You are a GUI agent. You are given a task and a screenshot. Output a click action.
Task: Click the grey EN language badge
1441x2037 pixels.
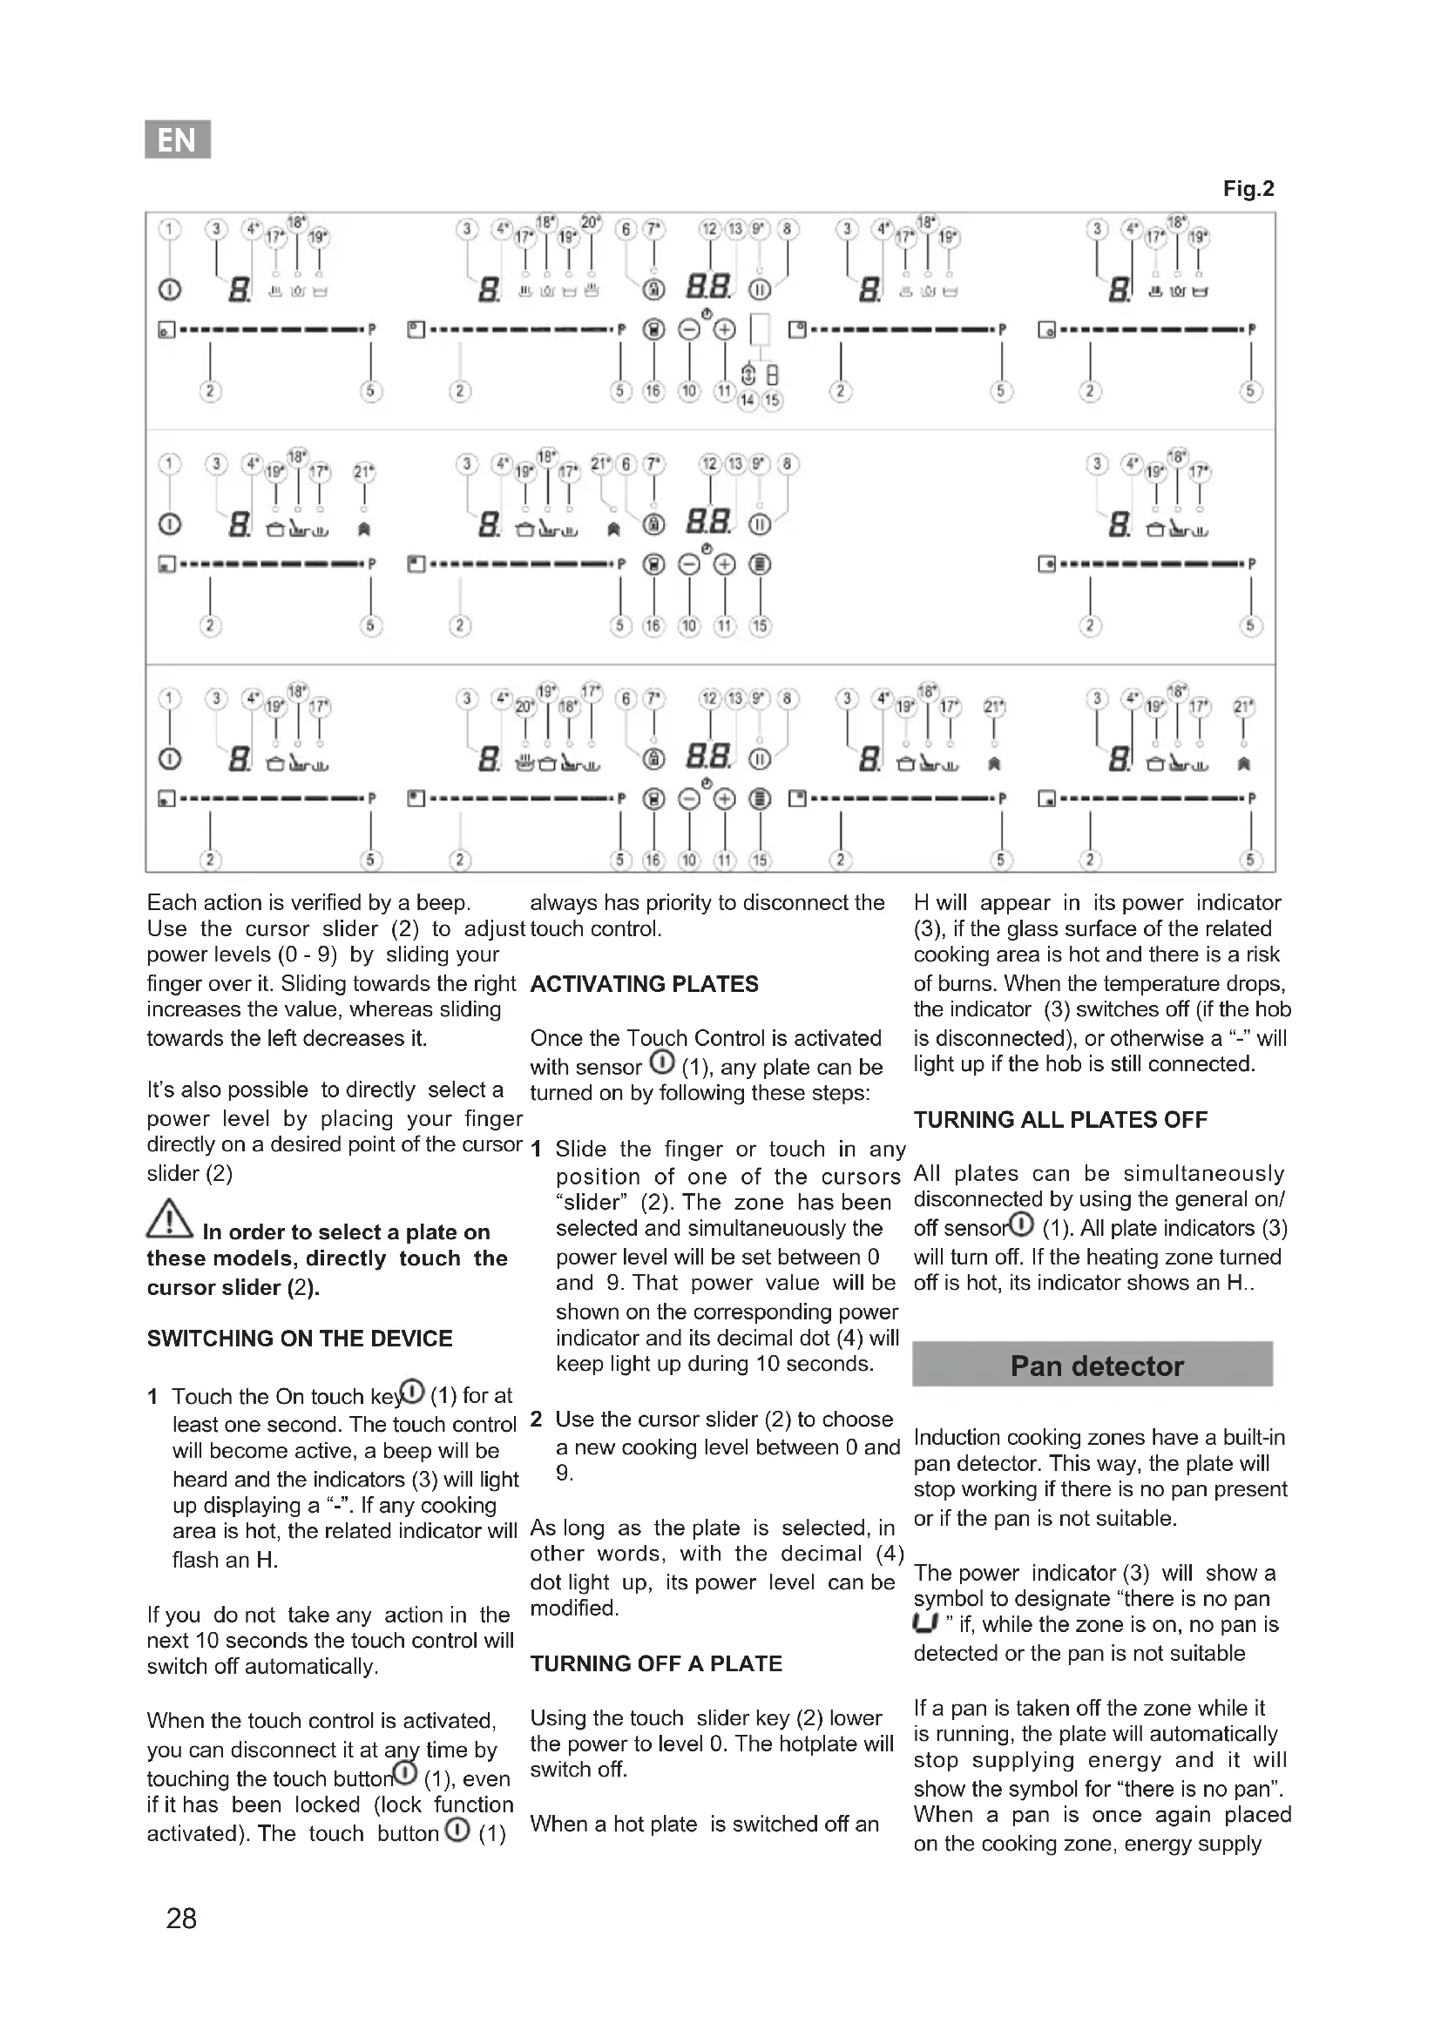click(178, 139)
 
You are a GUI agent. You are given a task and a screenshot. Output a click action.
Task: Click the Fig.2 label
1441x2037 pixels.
click(1248, 189)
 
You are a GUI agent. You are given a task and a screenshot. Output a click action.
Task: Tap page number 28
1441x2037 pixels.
click(181, 1918)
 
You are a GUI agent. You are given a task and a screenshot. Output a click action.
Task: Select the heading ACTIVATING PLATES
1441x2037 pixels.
click(644, 984)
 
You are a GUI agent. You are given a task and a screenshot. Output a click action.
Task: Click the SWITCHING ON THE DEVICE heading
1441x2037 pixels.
click(300, 1338)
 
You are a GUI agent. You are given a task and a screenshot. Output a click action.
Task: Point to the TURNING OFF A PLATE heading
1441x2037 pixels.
click(657, 1663)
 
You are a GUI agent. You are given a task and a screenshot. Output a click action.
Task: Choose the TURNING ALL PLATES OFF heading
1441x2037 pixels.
click(1060, 1120)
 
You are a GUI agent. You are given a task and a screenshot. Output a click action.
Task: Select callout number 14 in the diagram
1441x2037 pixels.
click(748, 400)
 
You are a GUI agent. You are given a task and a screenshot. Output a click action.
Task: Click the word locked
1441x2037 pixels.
click(327, 1804)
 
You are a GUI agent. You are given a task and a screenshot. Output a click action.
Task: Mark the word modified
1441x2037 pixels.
click(573, 1608)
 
